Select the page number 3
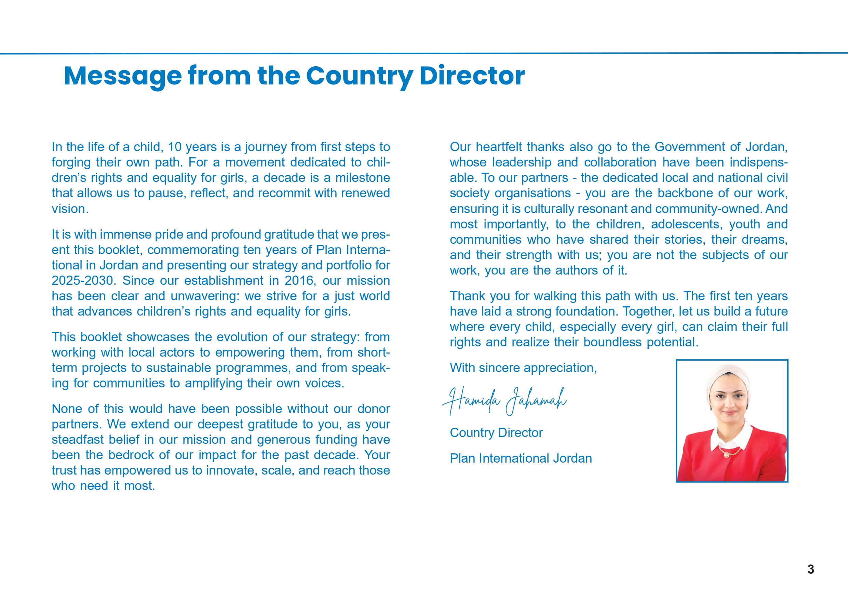811,569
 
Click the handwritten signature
504,401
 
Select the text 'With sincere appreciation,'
523,368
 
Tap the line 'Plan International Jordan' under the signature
521,459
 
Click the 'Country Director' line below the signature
496,433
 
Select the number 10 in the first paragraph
175,147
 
